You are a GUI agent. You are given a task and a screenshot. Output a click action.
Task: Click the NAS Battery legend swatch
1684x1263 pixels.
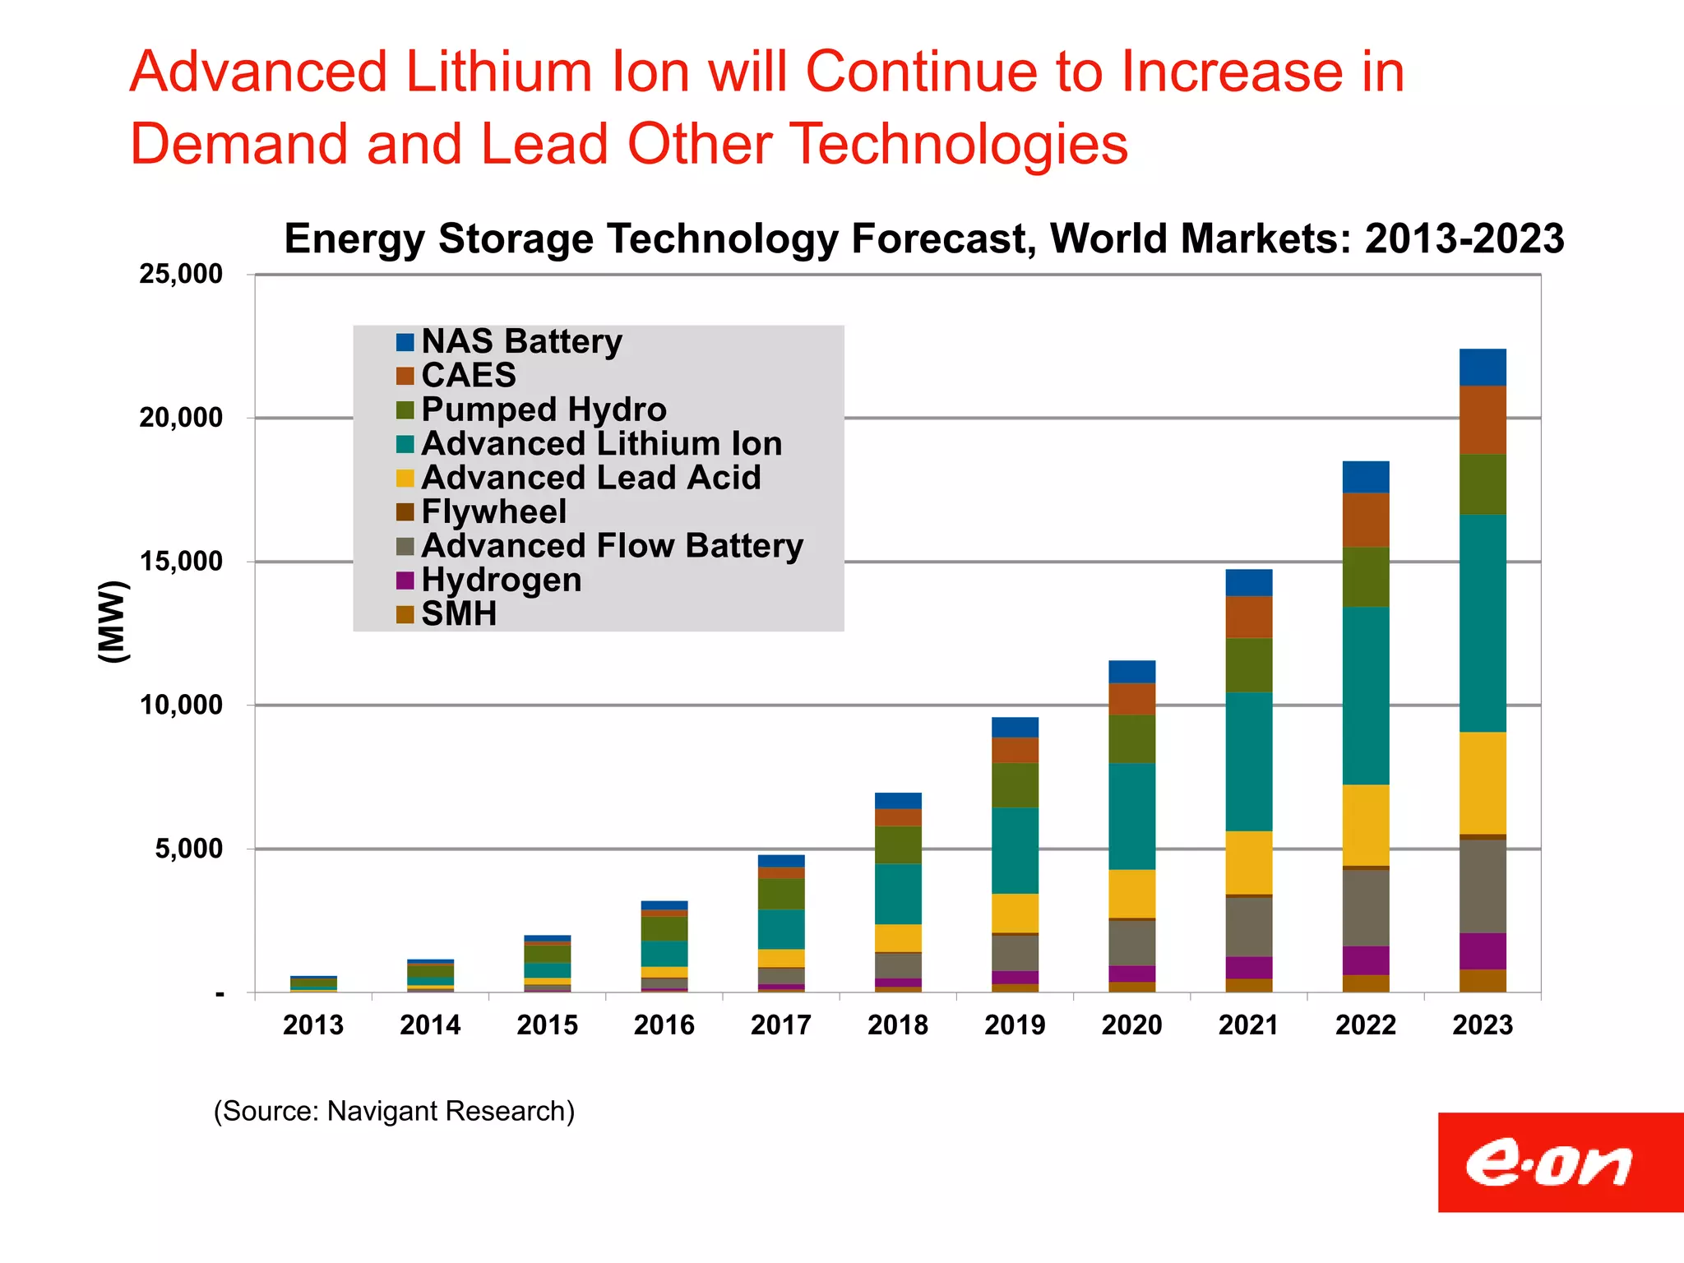click(x=405, y=342)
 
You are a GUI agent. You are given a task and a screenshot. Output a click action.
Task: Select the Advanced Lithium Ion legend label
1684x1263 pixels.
click(x=601, y=444)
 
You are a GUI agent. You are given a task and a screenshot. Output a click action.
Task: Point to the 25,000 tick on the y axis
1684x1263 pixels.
click(x=181, y=275)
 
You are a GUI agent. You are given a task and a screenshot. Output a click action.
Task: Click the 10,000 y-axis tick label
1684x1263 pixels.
click(x=181, y=706)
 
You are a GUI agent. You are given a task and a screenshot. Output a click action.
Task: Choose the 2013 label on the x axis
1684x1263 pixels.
click(x=313, y=1025)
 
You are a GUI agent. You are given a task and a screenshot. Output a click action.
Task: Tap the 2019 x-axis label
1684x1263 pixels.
click(x=1015, y=1025)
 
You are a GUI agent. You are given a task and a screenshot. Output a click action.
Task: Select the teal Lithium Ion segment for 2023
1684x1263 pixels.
click(x=1483, y=622)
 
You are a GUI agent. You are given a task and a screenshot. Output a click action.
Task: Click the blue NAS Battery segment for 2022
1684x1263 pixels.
click(x=1366, y=477)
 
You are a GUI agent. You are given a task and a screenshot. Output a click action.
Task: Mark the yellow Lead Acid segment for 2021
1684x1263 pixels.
click(x=1248, y=862)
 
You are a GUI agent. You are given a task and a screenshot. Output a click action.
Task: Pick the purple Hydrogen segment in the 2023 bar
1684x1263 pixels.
click(x=1483, y=951)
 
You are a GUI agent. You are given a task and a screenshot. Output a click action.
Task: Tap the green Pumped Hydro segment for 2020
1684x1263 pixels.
click(x=1131, y=738)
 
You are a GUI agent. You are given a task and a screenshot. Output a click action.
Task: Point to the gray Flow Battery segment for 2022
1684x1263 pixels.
click(x=1366, y=908)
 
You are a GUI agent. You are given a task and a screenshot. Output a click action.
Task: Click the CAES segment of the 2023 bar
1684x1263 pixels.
click(x=1483, y=419)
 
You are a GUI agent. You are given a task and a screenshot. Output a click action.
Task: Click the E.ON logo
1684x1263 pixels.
click(x=1551, y=1163)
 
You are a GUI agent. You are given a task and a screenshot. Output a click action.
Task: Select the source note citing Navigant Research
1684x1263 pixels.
click(x=394, y=1111)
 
